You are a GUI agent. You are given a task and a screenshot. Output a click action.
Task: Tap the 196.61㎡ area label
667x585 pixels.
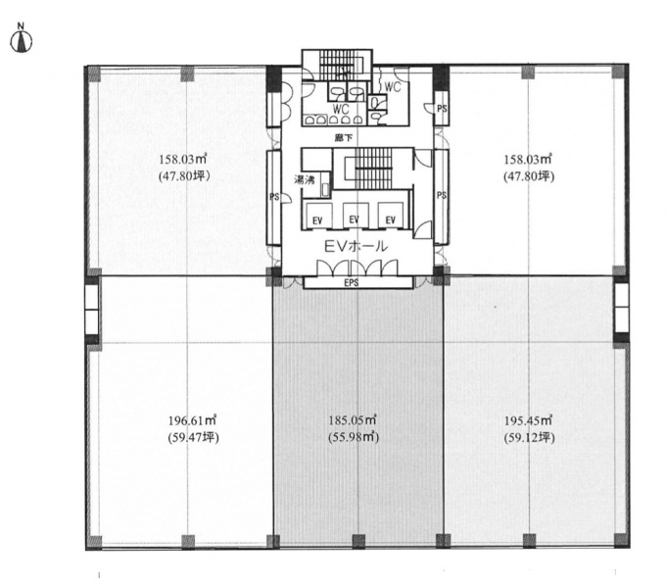click(193, 420)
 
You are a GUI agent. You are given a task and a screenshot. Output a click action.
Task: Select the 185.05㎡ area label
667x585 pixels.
click(353, 420)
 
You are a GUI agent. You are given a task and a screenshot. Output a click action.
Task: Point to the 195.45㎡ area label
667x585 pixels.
click(528, 420)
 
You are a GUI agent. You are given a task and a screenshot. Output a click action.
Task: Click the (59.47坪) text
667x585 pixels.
click(193, 437)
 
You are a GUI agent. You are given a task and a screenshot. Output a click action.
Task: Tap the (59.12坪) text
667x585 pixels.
click(529, 437)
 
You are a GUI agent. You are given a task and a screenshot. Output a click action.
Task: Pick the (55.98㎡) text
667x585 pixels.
click(354, 437)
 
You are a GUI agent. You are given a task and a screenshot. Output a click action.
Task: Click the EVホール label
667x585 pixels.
click(357, 246)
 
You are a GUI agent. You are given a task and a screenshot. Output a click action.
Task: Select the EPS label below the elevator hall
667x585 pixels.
click(352, 283)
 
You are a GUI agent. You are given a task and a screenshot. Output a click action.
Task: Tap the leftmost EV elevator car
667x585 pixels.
click(317, 216)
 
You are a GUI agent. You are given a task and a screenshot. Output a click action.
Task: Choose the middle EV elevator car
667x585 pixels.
click(354, 216)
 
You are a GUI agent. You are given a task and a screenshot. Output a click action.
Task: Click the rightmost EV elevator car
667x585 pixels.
click(391, 216)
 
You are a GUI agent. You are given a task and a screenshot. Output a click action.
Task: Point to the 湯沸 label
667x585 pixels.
click(305, 179)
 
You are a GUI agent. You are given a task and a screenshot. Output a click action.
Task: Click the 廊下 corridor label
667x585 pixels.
click(344, 138)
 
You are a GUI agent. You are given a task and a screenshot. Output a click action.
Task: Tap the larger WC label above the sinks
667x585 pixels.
click(341, 109)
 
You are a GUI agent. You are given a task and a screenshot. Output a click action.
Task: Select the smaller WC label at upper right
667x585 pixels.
click(393, 87)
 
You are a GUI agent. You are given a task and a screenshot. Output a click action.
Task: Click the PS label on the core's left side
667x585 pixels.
click(274, 197)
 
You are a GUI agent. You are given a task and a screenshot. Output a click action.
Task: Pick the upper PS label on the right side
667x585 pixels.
click(442, 109)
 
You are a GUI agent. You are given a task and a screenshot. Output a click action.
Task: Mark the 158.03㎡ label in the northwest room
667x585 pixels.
click(183, 160)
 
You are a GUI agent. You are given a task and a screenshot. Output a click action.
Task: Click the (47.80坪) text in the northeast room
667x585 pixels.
click(529, 176)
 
